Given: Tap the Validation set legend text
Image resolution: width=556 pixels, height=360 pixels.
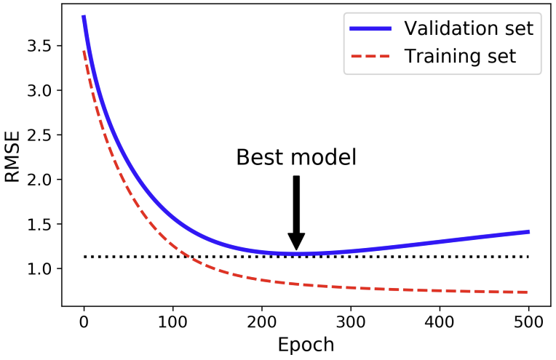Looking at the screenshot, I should (469, 28).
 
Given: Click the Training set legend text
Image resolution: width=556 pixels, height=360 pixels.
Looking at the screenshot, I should (460, 56).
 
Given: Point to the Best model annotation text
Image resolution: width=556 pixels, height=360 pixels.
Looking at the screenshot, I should (296, 157).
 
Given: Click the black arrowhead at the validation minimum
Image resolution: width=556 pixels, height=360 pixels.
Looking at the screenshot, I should (296, 241).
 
